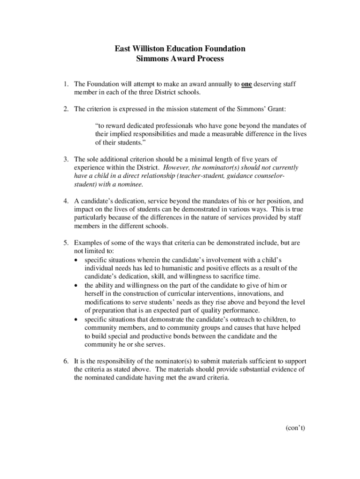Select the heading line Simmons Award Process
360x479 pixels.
[x=180, y=59]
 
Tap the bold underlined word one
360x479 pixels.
[x=247, y=84]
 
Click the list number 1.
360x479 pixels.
[x=66, y=84]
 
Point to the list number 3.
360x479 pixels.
[x=66, y=160]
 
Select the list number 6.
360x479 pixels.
[x=66, y=361]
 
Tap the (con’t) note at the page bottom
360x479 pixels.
[x=295, y=428]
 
